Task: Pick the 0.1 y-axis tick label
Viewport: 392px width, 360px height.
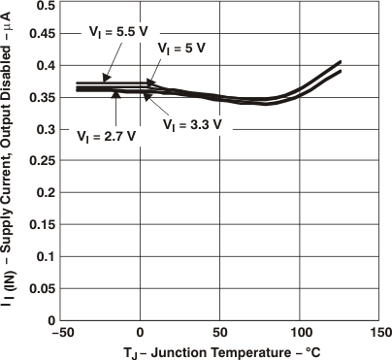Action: point(46,256)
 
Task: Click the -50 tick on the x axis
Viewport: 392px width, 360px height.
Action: point(60,330)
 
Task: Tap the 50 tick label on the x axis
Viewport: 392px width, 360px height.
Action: point(220,330)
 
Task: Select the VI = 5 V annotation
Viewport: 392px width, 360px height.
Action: point(183,47)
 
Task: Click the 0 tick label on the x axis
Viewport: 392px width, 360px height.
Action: point(141,330)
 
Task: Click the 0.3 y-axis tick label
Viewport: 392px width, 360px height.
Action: point(46,130)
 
